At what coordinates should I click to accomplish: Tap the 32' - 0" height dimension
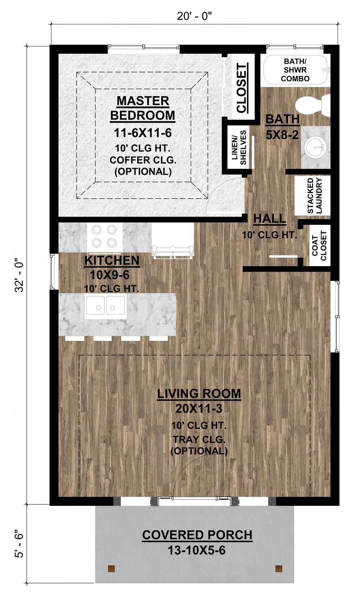[19, 275]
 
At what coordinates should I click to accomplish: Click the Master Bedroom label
[142, 108]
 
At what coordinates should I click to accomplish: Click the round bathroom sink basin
[315, 148]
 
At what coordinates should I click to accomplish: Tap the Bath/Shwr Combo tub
[295, 70]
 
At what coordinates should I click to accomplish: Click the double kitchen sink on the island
[105, 307]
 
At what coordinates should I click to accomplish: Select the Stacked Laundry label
[314, 195]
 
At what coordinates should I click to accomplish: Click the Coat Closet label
[319, 246]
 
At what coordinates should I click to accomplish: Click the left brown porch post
[111, 568]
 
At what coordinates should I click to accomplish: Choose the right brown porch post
[279, 568]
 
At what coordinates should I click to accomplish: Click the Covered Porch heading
[197, 535]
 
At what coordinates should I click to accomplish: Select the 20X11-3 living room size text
[199, 409]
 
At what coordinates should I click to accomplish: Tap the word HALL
[270, 219]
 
